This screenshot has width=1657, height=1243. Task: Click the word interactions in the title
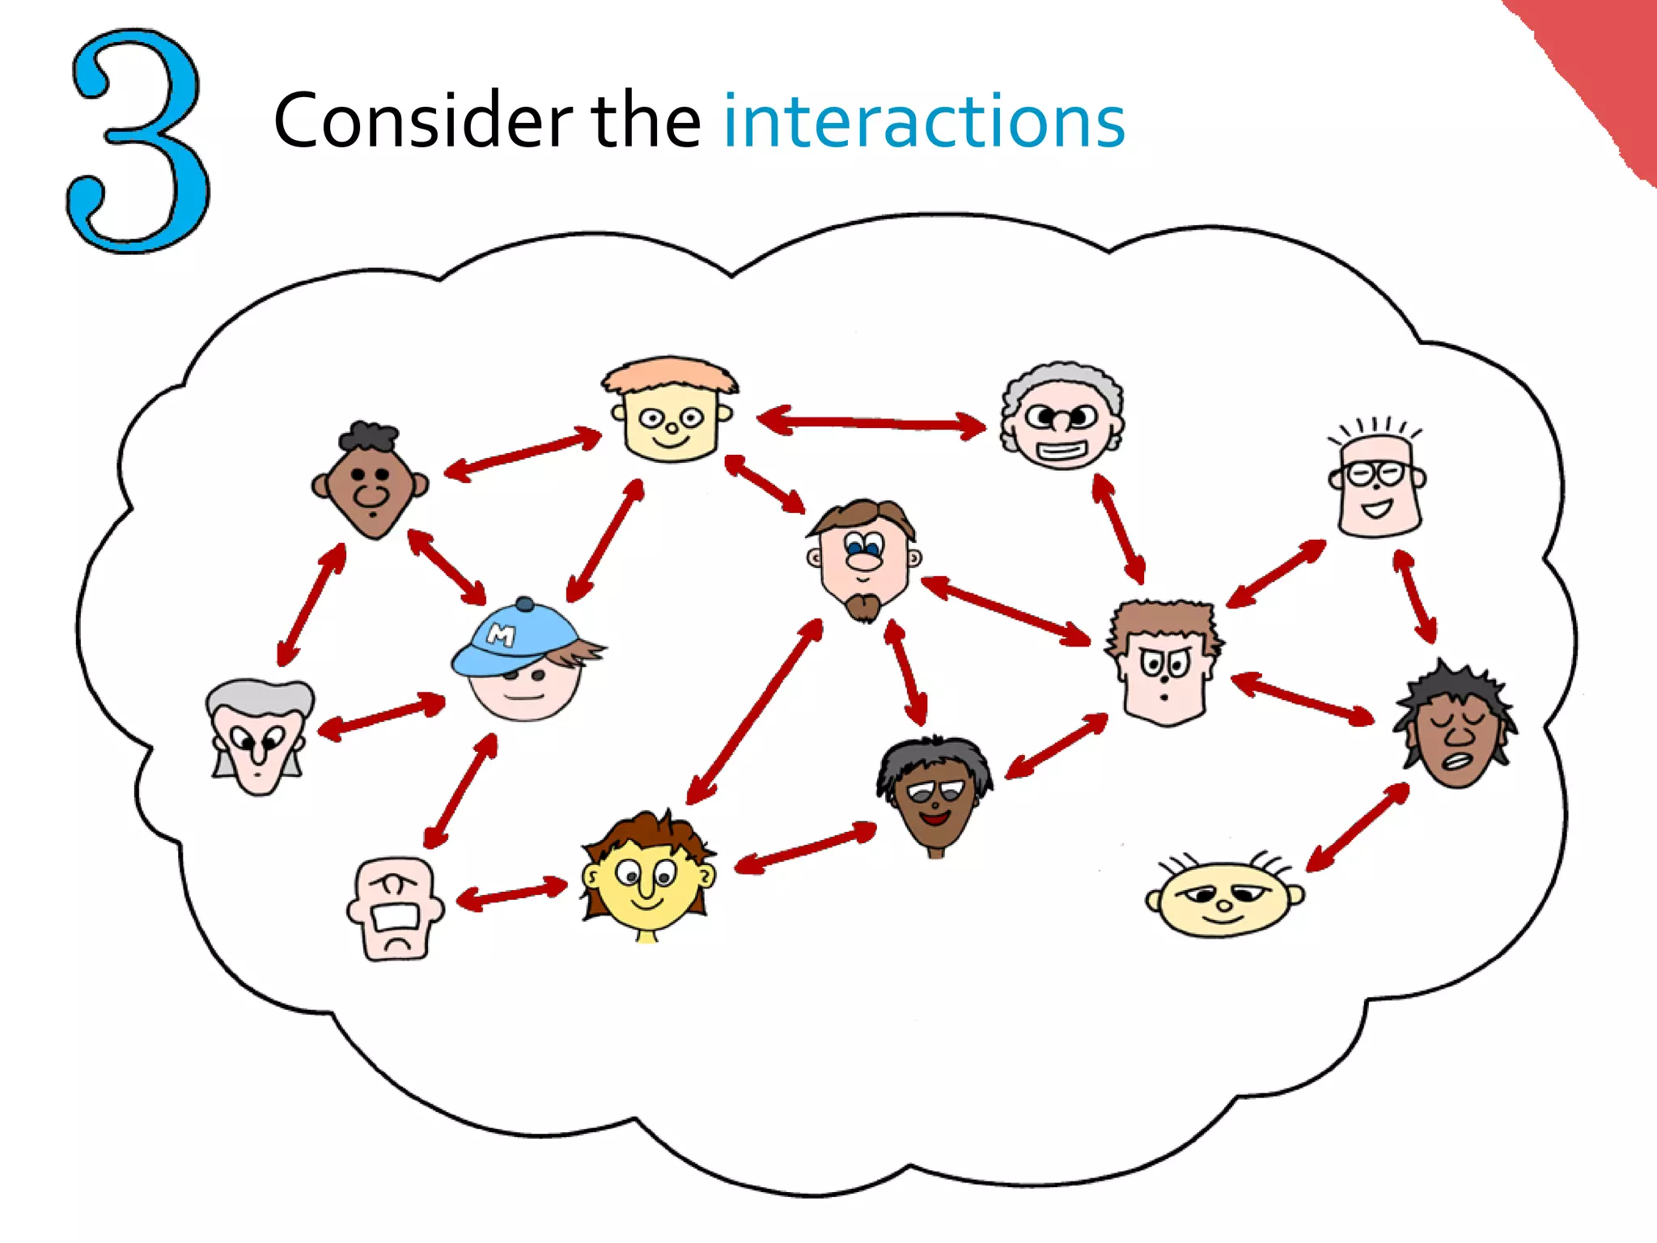(923, 121)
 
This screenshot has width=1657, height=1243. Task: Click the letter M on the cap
(502, 635)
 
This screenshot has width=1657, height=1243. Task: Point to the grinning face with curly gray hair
(1062, 418)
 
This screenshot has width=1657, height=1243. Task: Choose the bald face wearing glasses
(1378, 482)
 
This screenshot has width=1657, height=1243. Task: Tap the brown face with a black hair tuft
(372, 482)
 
